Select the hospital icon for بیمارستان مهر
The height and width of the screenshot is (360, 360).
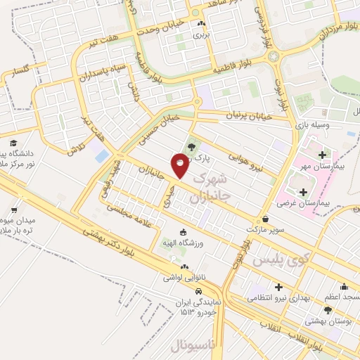(x=322, y=155)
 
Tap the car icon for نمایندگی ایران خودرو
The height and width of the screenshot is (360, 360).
(x=200, y=290)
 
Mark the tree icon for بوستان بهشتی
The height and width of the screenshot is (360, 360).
(x=328, y=310)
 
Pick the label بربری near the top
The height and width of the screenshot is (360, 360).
(x=201, y=34)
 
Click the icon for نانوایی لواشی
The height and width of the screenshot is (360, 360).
(x=184, y=267)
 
